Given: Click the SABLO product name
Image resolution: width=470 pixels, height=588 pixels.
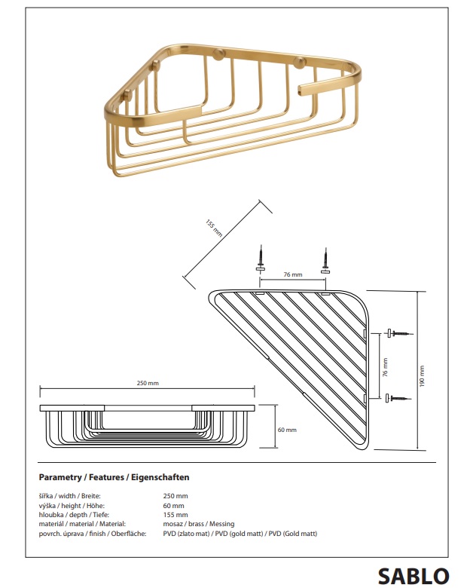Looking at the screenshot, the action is click(x=413, y=577).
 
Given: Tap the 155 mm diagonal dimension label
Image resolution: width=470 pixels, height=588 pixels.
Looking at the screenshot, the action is click(x=214, y=228).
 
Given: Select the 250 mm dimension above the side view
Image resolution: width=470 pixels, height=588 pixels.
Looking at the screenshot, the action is click(x=148, y=383).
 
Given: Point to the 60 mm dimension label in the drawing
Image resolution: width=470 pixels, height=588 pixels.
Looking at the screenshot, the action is click(x=287, y=430).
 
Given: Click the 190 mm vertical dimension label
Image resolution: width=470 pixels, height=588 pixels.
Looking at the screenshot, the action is click(x=423, y=376).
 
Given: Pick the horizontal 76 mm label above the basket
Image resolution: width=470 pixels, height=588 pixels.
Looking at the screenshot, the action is click(x=293, y=274).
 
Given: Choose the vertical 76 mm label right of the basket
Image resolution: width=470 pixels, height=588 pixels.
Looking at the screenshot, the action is click(x=386, y=367).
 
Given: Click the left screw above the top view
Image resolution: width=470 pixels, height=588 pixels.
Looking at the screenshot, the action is click(x=261, y=259).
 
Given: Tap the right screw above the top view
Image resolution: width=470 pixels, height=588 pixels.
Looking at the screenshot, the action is click(x=325, y=260).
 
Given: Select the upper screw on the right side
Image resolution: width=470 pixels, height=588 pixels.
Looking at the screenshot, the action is click(x=400, y=333).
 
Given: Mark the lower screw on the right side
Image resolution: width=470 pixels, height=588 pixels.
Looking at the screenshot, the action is click(x=398, y=398).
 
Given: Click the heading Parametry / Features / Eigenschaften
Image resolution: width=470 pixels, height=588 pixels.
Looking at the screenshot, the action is click(x=114, y=477).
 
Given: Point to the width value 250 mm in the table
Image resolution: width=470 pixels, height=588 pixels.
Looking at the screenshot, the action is click(x=175, y=496).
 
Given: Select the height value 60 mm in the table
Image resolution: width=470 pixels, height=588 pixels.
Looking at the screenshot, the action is click(x=173, y=506).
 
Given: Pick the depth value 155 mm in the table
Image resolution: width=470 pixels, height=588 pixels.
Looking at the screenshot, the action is click(x=175, y=515).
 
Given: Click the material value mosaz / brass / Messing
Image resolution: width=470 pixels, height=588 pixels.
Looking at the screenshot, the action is click(x=199, y=524).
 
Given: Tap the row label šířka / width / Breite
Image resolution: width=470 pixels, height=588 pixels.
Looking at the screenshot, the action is click(x=70, y=496).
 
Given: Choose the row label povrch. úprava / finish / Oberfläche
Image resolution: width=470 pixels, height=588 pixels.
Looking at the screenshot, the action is click(x=93, y=534).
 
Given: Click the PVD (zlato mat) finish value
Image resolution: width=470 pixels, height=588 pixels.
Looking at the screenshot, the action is click(x=186, y=534).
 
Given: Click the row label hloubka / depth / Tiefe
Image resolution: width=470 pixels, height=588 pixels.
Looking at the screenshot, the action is click(x=74, y=515).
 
